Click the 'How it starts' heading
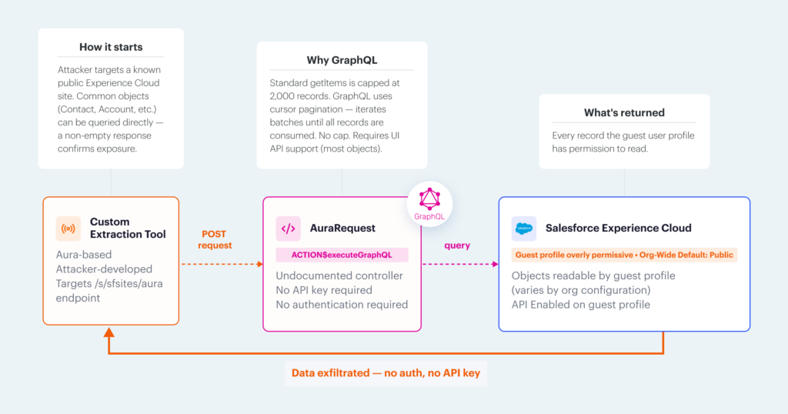coord(111,47)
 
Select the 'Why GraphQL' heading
coord(341,60)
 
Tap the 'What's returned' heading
coord(624,112)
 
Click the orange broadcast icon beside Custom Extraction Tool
coord(68,229)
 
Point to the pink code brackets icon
coord(289,229)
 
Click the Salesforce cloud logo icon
coord(524,229)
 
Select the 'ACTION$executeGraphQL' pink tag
coord(342,255)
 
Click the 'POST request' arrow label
coord(215,239)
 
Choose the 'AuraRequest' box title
coord(342,229)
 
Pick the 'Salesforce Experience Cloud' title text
coord(618,229)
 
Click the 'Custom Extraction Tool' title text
coord(127,228)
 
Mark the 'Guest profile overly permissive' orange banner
coord(624,255)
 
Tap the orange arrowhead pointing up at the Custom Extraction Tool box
coord(109,333)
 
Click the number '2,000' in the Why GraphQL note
coord(285,95)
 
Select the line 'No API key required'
coord(324,290)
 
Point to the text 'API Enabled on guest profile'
coord(580,305)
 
